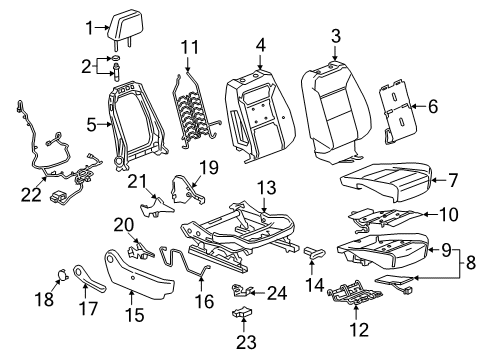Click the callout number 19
click(x=208, y=167)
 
